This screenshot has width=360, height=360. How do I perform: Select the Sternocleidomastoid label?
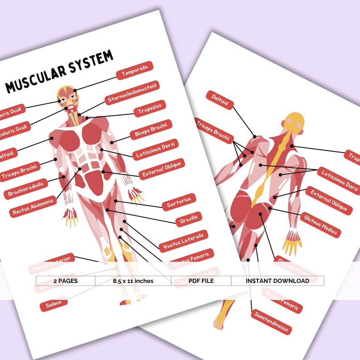click(x=132, y=92)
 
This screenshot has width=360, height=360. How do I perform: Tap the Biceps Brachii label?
click(x=151, y=130)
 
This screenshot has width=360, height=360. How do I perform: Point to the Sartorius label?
click(x=178, y=202)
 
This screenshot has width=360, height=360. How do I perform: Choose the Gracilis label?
click(x=188, y=219)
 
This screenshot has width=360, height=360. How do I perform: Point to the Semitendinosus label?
click(x=271, y=322)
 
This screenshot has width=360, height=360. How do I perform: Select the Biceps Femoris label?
click(x=282, y=300)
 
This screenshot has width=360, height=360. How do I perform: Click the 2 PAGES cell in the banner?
click(x=65, y=281)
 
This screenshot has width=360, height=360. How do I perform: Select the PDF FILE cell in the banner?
click(x=201, y=281)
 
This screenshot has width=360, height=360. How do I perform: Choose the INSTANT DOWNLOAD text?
click(x=277, y=281)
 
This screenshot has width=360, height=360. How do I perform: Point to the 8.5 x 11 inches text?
click(x=133, y=281)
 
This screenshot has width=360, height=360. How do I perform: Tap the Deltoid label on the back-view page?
click(x=220, y=100)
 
